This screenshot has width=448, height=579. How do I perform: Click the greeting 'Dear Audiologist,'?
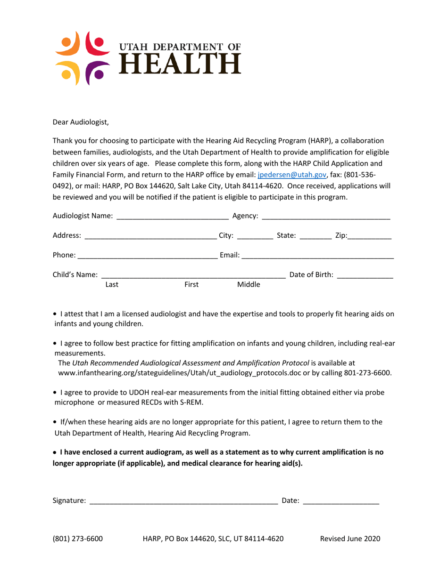tap(81, 123)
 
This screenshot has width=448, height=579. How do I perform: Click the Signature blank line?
tap(183, 502)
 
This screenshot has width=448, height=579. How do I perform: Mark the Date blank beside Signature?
tap(341, 502)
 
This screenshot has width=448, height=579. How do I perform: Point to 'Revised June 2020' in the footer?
tap(350, 539)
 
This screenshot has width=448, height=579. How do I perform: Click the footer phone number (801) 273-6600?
tap(78, 539)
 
